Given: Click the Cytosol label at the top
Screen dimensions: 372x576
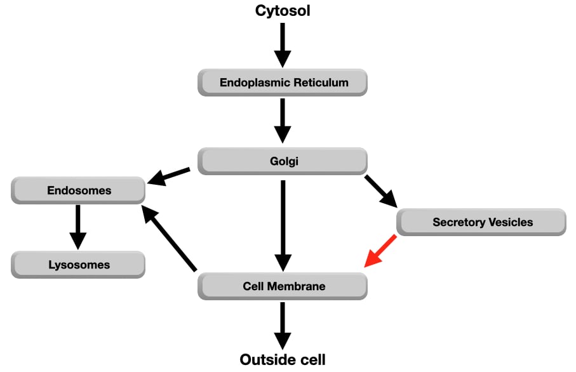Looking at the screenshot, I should [283, 11].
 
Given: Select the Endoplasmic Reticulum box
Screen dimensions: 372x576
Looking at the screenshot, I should [283, 83].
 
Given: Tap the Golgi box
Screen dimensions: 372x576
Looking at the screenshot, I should [283, 161].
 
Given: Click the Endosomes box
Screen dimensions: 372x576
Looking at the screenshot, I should [79, 190].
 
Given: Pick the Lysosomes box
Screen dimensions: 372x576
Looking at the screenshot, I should [79, 265].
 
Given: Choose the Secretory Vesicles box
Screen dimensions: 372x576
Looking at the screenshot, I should [481, 222].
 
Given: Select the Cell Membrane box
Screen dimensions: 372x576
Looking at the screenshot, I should [283, 286].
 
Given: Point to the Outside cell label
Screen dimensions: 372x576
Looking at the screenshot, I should [283, 360].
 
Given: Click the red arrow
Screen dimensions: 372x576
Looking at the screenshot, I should [381, 251].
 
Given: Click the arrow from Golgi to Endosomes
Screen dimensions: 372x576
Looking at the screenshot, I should [168, 176].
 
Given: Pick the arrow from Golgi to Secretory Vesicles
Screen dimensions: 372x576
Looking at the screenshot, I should [381, 191].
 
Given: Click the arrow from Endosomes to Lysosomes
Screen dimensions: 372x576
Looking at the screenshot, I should [77, 225].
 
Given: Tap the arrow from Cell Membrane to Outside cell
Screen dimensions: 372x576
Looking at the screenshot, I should [283, 324].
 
